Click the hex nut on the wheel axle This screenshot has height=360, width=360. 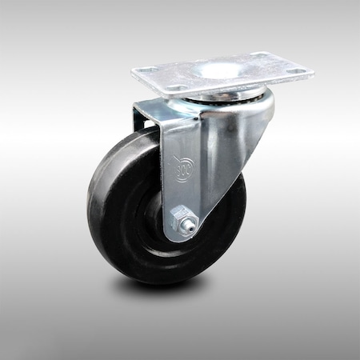point(184,217)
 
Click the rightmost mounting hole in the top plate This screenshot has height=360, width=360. point(298,71)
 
